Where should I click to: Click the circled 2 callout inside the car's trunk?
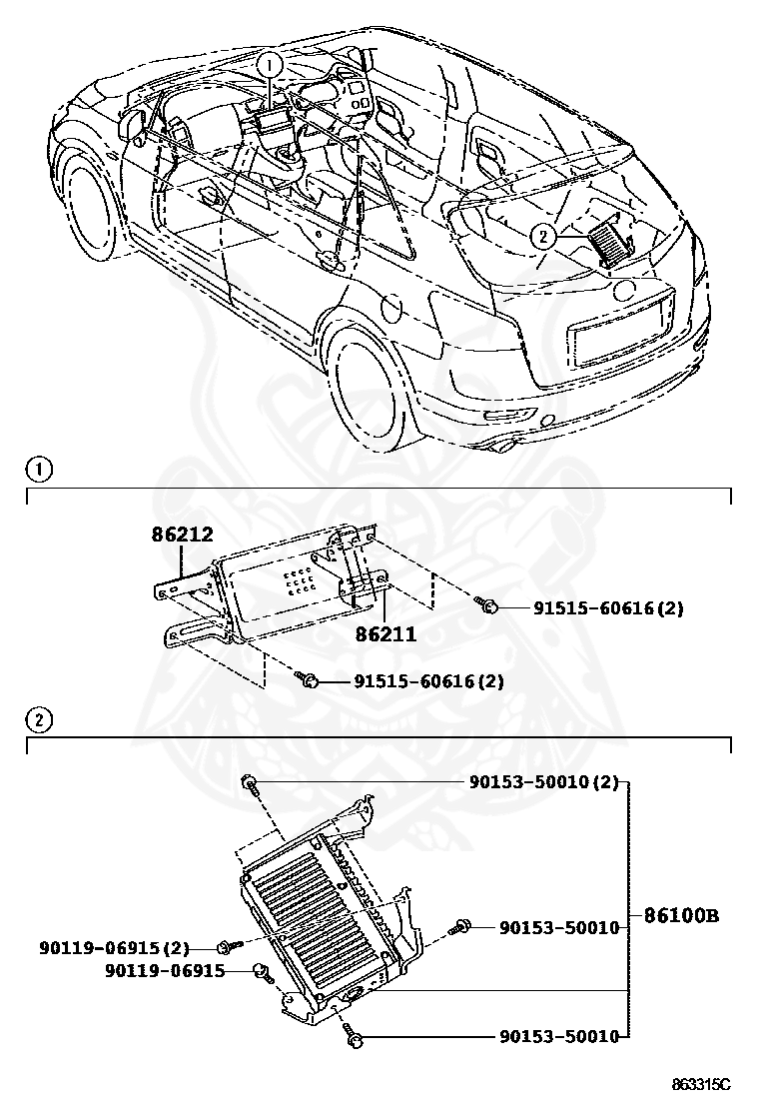(542, 236)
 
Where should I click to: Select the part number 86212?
(183, 536)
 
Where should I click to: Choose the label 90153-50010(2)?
(543, 782)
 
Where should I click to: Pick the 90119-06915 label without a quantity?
(165, 970)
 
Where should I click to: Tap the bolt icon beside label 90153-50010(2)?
(249, 782)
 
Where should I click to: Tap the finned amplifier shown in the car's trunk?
(611, 243)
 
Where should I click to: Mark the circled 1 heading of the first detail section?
(37, 468)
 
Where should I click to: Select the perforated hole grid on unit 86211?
(300, 582)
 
